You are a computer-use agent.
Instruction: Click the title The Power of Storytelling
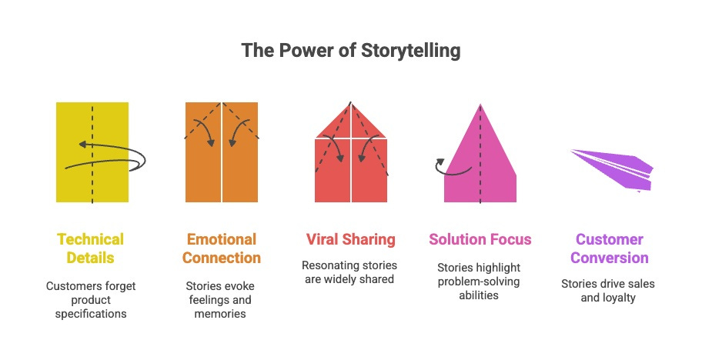coord(351,52)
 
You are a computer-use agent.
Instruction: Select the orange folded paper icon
coord(222,165)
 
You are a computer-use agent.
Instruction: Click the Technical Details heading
coord(89,248)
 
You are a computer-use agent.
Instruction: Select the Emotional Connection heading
coord(222,248)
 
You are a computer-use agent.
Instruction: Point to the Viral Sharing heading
coord(351,239)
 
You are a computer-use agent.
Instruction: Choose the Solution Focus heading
coord(480,239)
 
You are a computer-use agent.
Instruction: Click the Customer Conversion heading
coord(609,248)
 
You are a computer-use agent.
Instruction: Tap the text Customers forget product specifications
coord(90,300)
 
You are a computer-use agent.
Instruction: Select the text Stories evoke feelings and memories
coord(222,300)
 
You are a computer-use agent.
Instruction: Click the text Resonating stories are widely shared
coord(351,272)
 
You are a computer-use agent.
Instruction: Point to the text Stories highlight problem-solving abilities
coord(480,281)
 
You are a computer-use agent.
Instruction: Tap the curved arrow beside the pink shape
coord(450,168)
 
